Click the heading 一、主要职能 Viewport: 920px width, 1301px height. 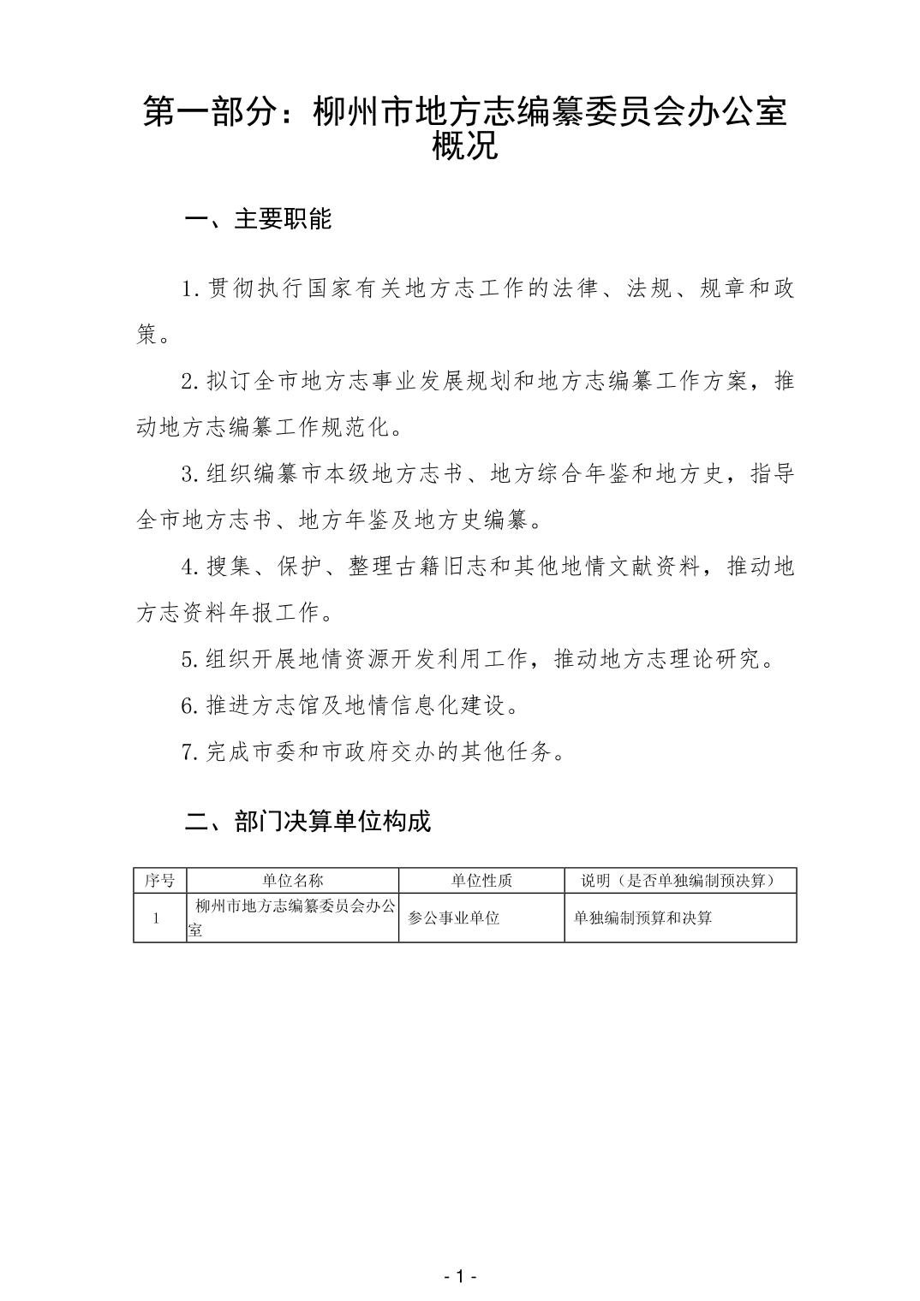(258, 219)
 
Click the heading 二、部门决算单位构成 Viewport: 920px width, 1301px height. (308, 822)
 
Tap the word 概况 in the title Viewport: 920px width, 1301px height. (465, 147)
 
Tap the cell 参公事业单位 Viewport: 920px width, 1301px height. (454, 918)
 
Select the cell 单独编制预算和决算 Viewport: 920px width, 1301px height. (643, 918)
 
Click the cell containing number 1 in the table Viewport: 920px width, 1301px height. (157, 918)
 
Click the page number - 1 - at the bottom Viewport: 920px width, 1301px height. (460, 1277)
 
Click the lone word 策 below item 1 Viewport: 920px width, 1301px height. (146, 336)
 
